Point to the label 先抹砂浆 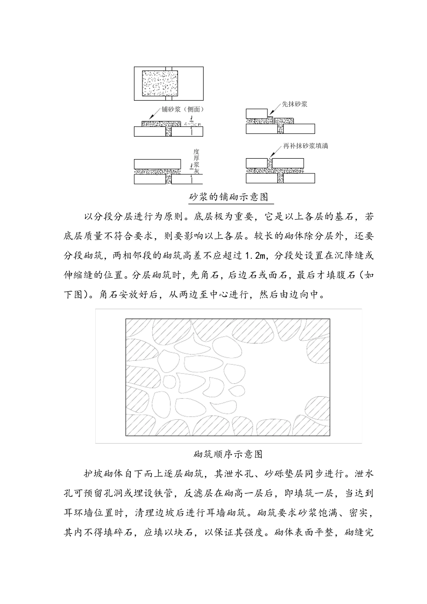tap(294, 104)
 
